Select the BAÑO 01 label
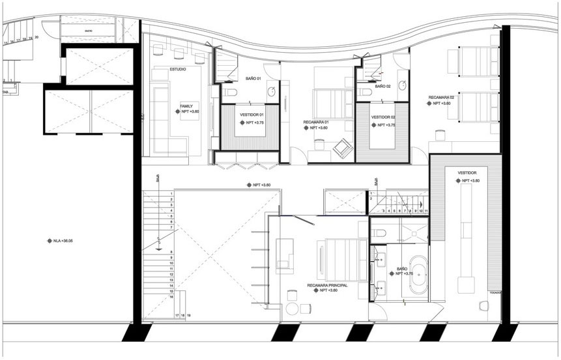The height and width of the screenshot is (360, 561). coord(253,79)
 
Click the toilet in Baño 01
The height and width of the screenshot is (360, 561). coord(229,95)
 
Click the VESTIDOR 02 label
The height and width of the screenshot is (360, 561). coord(382,117)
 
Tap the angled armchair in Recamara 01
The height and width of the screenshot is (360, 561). coord(340,151)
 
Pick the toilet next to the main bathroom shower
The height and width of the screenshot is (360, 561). coord(381,232)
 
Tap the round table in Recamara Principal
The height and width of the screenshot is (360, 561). coord(293,309)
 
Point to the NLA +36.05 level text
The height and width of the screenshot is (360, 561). coord(63,241)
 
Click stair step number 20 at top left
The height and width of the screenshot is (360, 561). coord(37,38)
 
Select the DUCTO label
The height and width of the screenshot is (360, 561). coord(87,31)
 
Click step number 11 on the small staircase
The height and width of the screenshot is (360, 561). coord(424,211)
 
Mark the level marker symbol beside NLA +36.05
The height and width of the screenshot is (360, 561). coord(49,241)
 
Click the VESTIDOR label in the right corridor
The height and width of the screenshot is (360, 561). coord(468,173)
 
